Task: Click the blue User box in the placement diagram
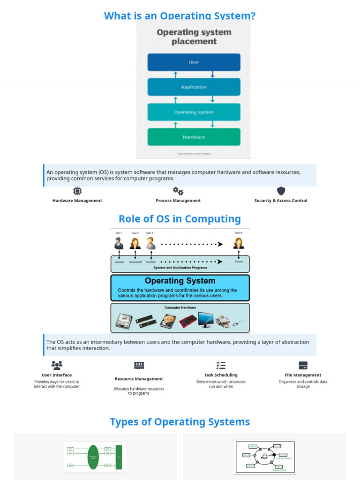pos(194,62)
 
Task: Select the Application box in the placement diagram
pos(194,87)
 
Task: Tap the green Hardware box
pos(194,137)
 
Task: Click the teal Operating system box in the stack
pos(194,112)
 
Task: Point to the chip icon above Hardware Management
pos(77,191)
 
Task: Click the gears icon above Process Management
pos(178,191)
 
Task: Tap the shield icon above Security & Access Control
pos(281,191)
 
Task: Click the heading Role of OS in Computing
pos(180,219)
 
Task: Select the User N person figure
pos(239,243)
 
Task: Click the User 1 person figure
pos(119,243)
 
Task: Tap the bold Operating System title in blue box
pos(180,281)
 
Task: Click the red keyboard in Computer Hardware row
pos(187,321)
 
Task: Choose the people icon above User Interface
pos(57,365)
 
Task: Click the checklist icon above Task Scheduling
pos(221,365)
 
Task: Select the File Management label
pos(303,375)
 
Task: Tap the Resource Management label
pos(139,379)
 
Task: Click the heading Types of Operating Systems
pos(180,421)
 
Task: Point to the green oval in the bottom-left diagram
pos(93,457)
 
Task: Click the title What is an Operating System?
pos(180,16)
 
